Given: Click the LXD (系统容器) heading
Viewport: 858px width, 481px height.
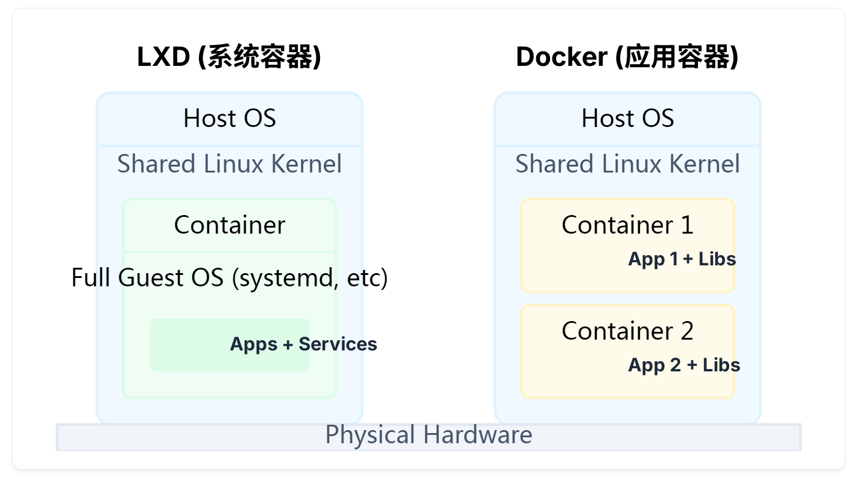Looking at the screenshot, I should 229,58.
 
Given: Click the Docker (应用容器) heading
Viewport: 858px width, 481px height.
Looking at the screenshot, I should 627,58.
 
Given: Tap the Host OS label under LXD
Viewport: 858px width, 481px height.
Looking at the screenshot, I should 229,118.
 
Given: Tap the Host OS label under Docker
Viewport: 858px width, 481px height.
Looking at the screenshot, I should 627,118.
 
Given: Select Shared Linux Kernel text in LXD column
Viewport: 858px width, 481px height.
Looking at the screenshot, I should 229,164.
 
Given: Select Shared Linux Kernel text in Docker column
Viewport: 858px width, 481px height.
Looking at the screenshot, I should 627,164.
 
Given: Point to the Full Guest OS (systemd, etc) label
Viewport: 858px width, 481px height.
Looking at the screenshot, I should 229,278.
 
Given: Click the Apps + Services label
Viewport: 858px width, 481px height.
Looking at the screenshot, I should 303,344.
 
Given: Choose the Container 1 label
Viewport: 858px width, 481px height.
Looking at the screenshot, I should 627,225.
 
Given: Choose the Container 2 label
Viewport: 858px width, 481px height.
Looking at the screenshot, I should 627,331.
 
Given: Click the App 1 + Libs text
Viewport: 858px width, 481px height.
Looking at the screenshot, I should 682,259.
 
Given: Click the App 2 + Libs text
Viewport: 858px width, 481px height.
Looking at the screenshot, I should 684,365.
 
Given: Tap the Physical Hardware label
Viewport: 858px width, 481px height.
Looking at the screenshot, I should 428,435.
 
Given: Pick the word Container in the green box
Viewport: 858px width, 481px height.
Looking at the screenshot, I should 229,225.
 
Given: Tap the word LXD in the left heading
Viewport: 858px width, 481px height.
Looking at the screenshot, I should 164,58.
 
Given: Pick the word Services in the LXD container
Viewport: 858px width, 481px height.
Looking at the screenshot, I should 338,344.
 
